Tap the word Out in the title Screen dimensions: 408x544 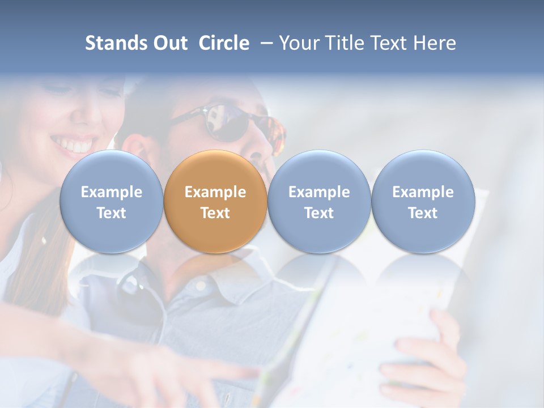pos(169,43)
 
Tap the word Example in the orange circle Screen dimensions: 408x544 pos(215,192)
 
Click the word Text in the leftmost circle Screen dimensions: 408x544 pos(111,213)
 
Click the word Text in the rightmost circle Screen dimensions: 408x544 pos(423,213)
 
